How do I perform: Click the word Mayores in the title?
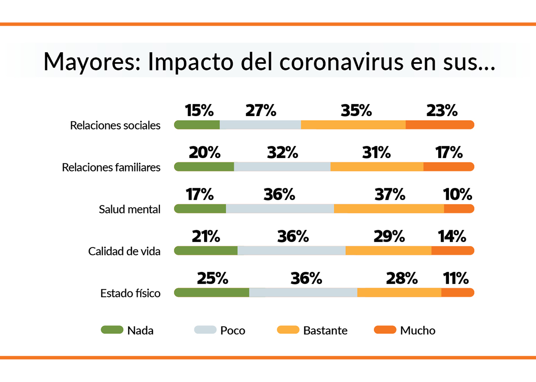tap(92, 62)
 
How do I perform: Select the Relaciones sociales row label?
tap(115, 125)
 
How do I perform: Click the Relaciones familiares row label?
tap(111, 167)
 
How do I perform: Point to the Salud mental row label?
tap(130, 209)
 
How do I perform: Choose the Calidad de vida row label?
tap(124, 251)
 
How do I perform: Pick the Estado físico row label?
tap(130, 293)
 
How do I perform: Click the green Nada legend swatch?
tap(112, 330)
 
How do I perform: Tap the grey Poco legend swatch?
tap(205, 330)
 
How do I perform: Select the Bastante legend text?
tap(325, 331)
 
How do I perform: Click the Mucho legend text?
tap(418, 331)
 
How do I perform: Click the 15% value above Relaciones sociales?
tap(199, 111)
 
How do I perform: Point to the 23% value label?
tap(442, 111)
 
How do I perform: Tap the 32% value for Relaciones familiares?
tap(282, 153)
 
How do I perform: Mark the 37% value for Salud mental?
tap(389, 195)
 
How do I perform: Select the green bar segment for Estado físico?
tap(212, 293)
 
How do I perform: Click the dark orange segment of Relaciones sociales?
tap(440, 125)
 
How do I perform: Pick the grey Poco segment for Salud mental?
tap(280, 209)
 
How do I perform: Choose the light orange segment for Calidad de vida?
tap(388, 251)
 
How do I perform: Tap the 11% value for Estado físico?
tap(455, 278)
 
